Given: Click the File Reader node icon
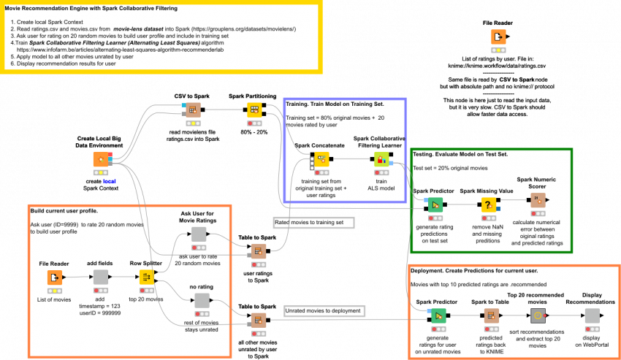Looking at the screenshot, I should pos(55,277).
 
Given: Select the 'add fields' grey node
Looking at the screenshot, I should pos(101,277).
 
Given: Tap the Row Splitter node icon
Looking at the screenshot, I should pos(146,277).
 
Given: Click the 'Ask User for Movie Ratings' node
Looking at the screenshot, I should pos(199,234).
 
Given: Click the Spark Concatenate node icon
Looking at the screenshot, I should pos(320,159).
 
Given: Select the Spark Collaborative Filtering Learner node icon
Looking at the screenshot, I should pos(381,159).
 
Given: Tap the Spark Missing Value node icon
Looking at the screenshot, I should pos(488,205).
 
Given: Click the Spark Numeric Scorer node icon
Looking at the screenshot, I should pos(537,200).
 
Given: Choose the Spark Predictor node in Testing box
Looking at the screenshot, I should pos(435,205).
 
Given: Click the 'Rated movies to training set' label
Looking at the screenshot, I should pos(313,222).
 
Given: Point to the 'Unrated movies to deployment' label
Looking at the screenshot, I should pos(324,311).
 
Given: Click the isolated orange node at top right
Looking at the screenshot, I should pos(498,37).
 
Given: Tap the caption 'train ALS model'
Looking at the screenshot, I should pos(381,184).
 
